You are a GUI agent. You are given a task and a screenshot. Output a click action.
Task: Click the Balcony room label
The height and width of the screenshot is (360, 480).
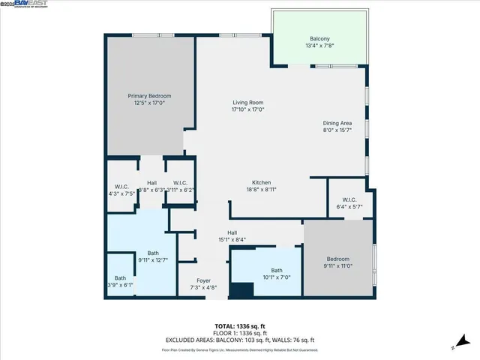(x=319, y=39)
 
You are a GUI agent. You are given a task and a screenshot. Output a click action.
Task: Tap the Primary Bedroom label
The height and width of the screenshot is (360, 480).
(x=149, y=96)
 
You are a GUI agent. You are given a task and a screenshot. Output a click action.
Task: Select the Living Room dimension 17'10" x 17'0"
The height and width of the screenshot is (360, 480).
(x=247, y=109)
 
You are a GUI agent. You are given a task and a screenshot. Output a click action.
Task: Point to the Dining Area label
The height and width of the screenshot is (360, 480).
(x=337, y=123)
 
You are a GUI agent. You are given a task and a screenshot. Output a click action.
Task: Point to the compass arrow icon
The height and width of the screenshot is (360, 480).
(x=454, y=347)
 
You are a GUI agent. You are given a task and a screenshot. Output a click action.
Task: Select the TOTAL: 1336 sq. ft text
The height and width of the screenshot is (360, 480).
(x=239, y=325)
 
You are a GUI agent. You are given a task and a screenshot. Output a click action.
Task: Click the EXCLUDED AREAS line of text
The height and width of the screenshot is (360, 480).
(x=239, y=340)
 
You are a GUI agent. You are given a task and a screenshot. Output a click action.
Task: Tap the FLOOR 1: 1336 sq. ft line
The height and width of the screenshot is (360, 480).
(x=239, y=333)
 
